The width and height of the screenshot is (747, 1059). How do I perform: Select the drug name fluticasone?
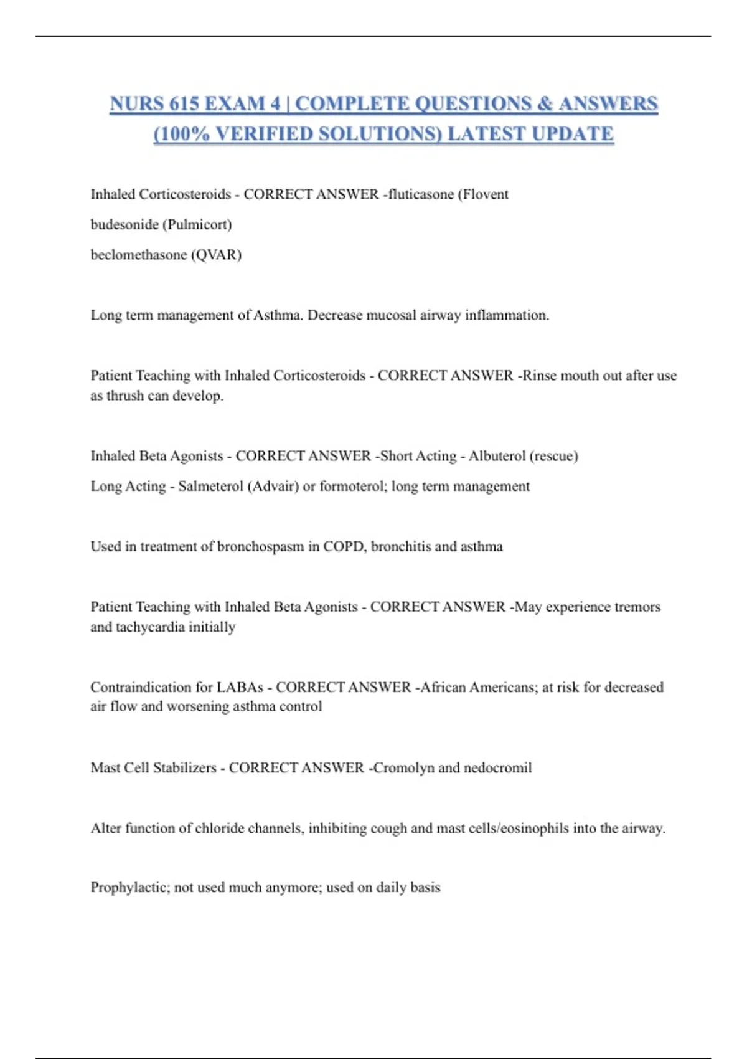[x=421, y=194]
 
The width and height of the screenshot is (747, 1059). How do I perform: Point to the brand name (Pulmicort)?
[x=197, y=224]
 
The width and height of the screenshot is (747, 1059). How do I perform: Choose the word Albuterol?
[x=497, y=456]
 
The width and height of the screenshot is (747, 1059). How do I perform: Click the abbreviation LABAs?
[x=240, y=687]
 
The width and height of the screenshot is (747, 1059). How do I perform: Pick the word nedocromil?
[x=497, y=767]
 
